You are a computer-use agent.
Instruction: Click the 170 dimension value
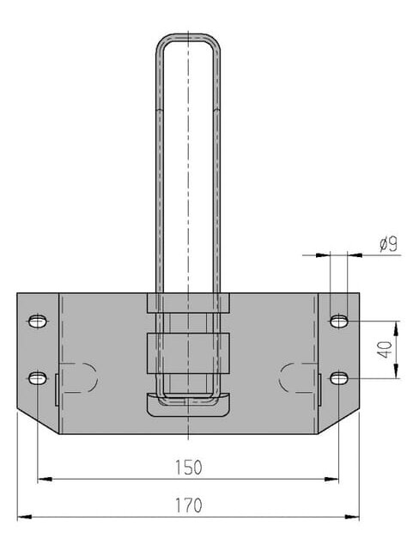click(x=188, y=505)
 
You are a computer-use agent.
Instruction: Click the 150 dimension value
click(x=188, y=468)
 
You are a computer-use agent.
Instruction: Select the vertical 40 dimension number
click(x=386, y=350)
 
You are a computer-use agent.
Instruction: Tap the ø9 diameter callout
click(x=389, y=244)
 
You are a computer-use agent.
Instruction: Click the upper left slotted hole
click(x=38, y=321)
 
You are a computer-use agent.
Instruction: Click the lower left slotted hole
click(x=38, y=378)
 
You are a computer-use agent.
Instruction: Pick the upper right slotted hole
click(x=339, y=321)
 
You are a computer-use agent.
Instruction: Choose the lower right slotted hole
click(x=339, y=378)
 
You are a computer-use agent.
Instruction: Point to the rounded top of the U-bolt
click(x=188, y=35)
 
